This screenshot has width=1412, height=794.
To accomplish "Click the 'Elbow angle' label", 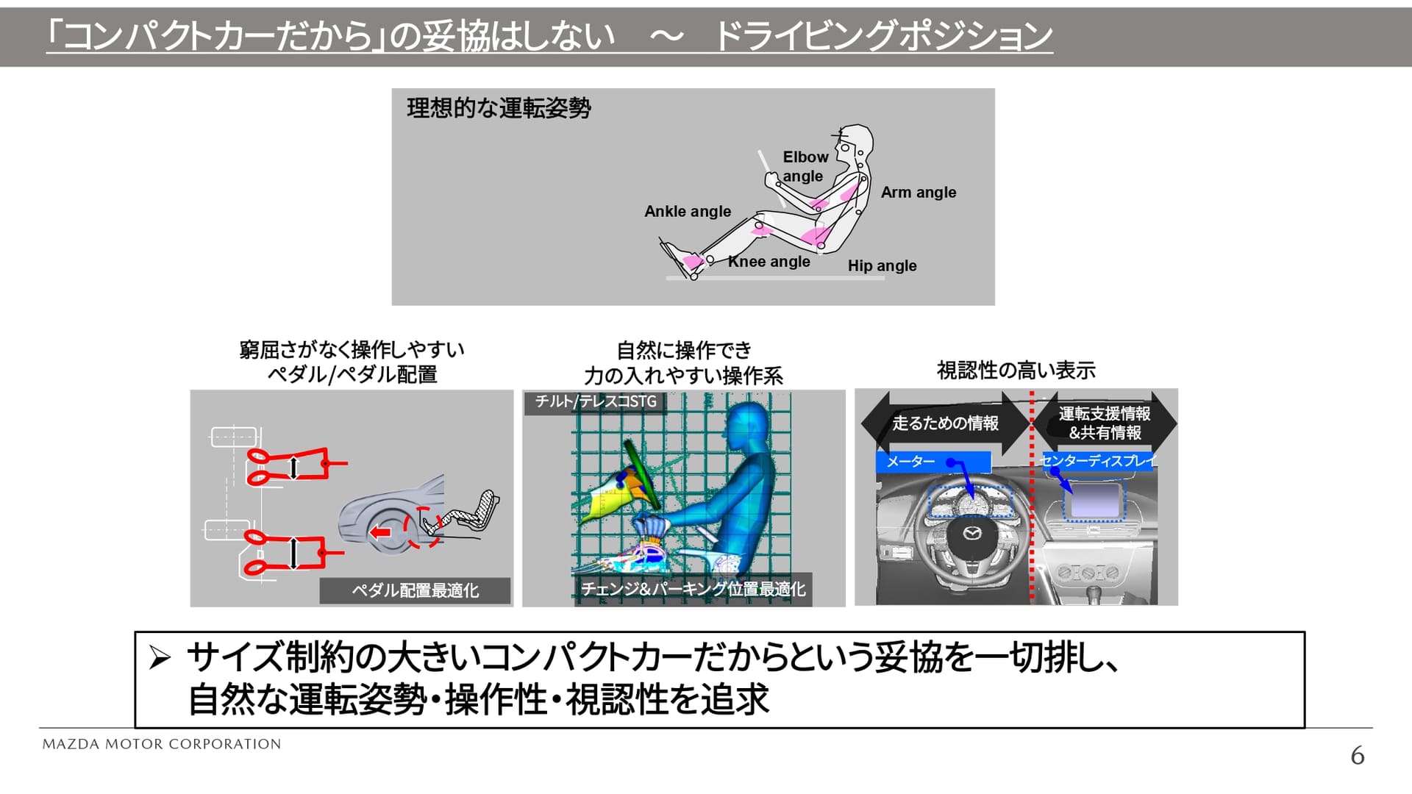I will [805, 166].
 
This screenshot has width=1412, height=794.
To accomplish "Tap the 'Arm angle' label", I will [919, 193].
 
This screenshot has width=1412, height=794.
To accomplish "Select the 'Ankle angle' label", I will [688, 212].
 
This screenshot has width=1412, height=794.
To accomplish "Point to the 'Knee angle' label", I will [769, 262].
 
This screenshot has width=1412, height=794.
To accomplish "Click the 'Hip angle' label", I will [882, 266].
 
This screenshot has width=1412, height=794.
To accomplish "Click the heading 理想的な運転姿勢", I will [499, 109].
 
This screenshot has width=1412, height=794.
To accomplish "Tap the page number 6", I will [1357, 756].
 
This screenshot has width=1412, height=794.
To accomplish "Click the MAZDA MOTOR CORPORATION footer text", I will [162, 744].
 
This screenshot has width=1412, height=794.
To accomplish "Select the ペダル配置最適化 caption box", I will [415, 590].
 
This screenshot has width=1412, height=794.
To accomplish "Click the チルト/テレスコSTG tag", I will [595, 401].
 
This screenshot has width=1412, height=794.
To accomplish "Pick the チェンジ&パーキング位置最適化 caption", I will [693, 590].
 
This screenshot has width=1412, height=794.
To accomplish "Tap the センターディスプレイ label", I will [1098, 461].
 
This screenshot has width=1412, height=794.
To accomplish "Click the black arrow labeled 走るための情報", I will [944, 423].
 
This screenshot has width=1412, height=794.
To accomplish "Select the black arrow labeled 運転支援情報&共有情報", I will [1105, 423].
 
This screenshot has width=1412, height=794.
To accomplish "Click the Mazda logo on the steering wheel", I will [972, 533].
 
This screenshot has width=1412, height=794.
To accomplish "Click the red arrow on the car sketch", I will [380, 532].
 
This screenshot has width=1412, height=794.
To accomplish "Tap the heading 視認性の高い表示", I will [1016, 371].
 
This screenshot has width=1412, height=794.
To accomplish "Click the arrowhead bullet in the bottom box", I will [160, 657].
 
